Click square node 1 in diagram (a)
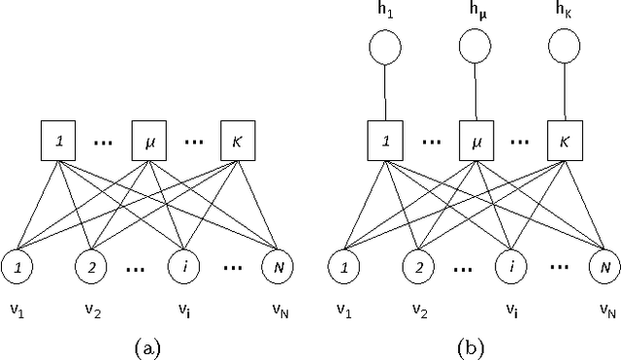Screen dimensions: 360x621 (x=59, y=142)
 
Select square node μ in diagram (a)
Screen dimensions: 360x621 (x=148, y=142)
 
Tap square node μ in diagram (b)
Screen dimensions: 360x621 (x=475, y=142)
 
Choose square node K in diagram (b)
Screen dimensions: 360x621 (x=563, y=142)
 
